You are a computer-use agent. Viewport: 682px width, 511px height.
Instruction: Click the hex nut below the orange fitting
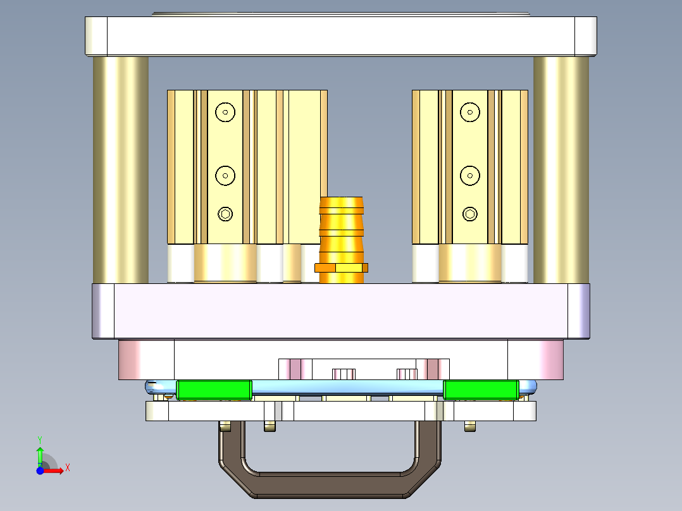click(x=342, y=268)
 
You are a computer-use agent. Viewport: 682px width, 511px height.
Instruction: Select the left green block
click(x=214, y=390)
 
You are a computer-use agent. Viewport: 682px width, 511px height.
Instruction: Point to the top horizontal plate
click(x=341, y=36)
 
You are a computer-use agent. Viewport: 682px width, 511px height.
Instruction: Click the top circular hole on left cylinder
click(x=225, y=113)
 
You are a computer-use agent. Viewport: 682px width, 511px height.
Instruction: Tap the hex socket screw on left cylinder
click(x=225, y=214)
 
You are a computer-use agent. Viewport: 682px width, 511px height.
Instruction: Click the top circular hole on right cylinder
click(x=469, y=113)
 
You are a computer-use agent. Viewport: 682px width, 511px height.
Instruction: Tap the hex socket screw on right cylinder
click(x=469, y=214)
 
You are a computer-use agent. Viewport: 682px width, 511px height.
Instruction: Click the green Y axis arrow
click(x=40, y=453)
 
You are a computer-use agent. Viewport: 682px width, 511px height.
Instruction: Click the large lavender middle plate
click(x=341, y=311)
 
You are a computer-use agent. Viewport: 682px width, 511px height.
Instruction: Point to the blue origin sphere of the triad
click(x=40, y=471)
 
